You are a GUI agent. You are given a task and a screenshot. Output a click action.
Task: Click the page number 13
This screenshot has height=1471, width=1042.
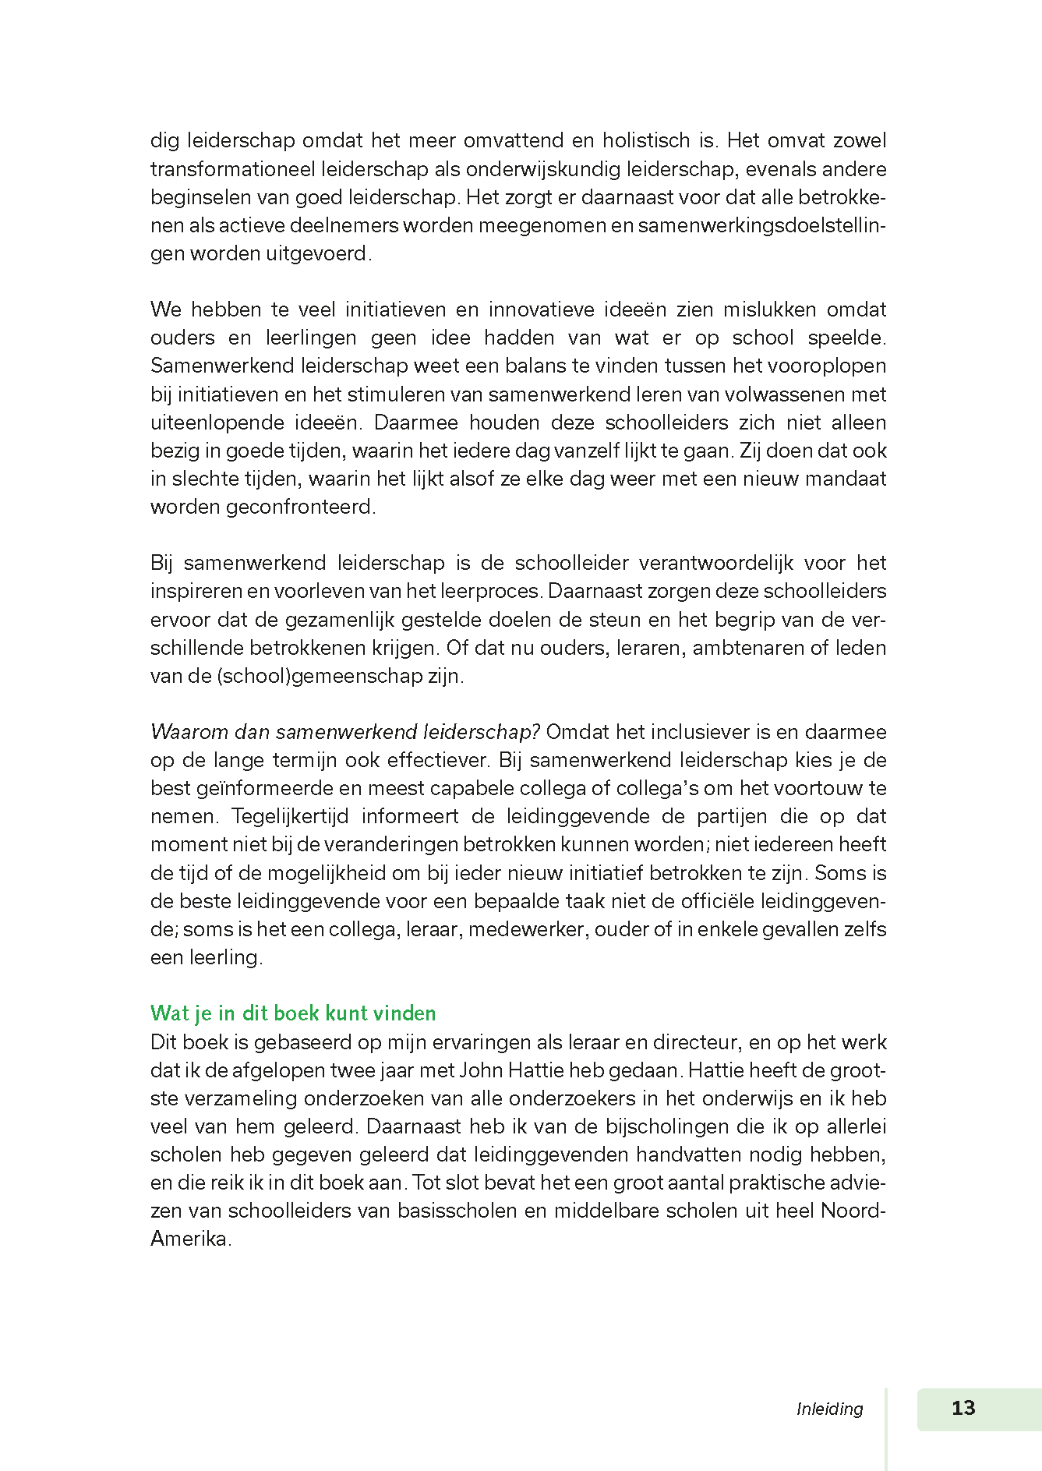[x=963, y=1408]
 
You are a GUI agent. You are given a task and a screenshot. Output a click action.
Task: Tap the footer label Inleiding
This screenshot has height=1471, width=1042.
[x=829, y=1409]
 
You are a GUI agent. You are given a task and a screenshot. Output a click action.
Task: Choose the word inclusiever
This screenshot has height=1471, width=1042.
[x=700, y=732]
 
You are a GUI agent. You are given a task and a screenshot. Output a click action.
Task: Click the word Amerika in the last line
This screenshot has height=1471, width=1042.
[x=189, y=1239]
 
